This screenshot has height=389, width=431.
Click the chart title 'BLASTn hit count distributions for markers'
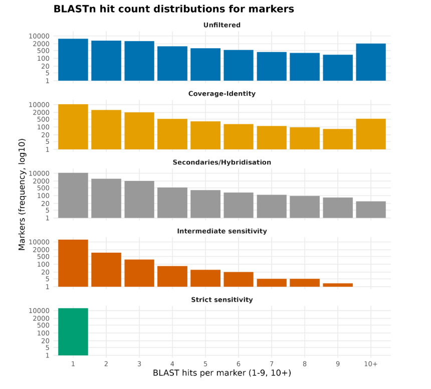[x=173, y=9]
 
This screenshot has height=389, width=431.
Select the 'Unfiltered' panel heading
[x=222, y=25]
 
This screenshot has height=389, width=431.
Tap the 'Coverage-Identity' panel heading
[x=222, y=94]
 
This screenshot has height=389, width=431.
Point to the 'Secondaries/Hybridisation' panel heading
[x=222, y=162]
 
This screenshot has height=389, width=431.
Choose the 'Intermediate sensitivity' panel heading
[x=222, y=231]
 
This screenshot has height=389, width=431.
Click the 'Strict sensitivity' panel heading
[x=222, y=300]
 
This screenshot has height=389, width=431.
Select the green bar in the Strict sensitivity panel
[x=73, y=332]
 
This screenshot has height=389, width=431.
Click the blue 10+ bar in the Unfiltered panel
[x=371, y=62]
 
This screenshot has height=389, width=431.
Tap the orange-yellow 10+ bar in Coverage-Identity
[x=371, y=134]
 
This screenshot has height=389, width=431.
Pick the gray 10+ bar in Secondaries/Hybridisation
[x=371, y=210]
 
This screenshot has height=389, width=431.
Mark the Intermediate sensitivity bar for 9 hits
[x=338, y=285]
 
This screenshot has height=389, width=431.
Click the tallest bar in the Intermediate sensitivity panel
[x=73, y=263]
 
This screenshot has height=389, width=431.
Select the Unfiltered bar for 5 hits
[x=205, y=64]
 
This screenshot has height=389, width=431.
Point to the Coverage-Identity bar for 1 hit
[x=73, y=127]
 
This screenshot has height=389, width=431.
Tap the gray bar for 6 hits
[x=239, y=205]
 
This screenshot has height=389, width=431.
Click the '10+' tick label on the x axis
[x=371, y=364]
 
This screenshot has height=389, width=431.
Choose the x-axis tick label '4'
[x=172, y=364]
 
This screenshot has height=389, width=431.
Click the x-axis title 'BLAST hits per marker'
[x=222, y=373]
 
